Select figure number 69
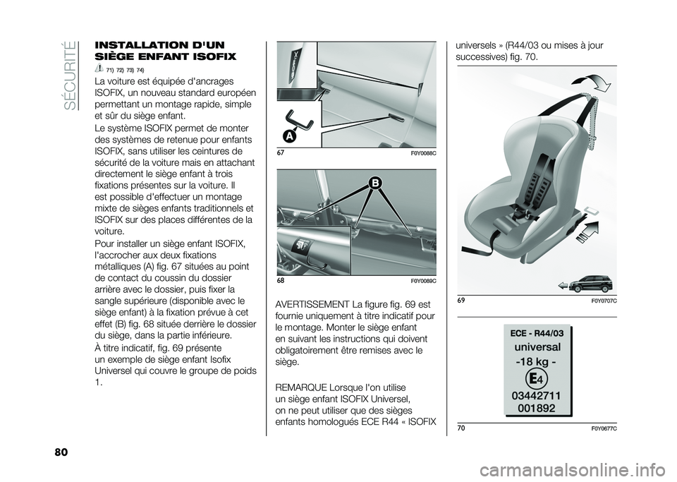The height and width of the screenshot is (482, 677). click(x=461, y=301)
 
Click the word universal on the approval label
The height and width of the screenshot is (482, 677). click(x=539, y=347)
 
